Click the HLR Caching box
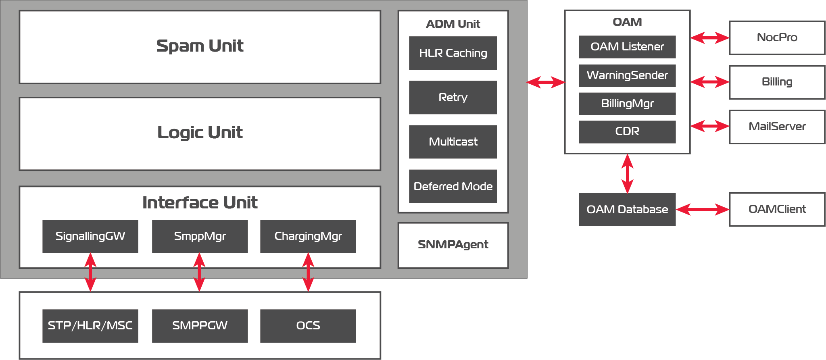(453, 53)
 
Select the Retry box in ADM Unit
(453, 98)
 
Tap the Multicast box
(453, 142)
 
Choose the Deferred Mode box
(453, 186)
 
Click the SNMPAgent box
(453, 245)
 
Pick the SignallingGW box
(90, 236)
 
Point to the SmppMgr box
(200, 236)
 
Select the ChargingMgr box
(308, 236)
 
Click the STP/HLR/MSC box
(90, 326)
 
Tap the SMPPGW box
(200, 326)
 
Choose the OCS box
(308, 326)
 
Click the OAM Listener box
(627, 47)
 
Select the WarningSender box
(627, 75)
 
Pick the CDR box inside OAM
(627, 132)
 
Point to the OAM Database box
(627, 209)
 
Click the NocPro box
(777, 38)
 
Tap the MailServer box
(777, 127)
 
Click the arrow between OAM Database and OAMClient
(702, 209)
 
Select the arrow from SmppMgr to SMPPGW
(200, 272)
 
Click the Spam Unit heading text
(200, 46)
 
